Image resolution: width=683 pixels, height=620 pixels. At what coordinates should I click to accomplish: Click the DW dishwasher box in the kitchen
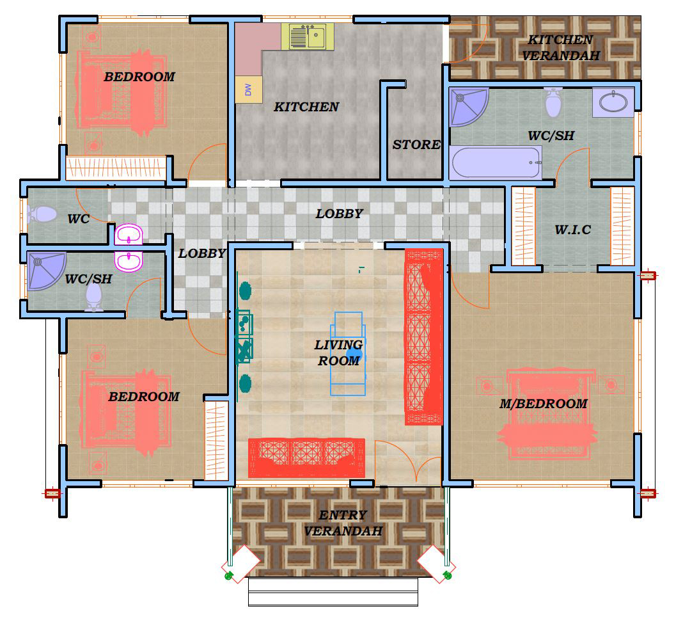[249, 90]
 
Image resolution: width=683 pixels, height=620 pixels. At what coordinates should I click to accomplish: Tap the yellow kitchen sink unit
[308, 36]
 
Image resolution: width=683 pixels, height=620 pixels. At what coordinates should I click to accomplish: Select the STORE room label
[416, 144]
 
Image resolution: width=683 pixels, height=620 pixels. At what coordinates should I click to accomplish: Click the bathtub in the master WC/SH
[495, 163]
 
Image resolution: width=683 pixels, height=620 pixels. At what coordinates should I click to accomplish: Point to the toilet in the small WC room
[42, 214]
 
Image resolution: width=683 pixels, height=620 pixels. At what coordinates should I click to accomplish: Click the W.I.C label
[573, 229]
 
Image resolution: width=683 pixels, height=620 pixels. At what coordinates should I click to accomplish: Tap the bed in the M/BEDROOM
[547, 413]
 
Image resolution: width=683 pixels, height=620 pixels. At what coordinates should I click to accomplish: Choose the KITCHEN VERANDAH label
[561, 47]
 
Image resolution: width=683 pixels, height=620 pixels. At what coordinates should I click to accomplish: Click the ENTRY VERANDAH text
[343, 523]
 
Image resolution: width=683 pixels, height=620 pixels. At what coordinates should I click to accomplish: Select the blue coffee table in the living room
[348, 353]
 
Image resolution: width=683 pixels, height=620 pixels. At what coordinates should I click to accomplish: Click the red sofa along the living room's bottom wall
[306, 457]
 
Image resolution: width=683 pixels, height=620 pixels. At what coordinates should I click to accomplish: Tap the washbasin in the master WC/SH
[613, 102]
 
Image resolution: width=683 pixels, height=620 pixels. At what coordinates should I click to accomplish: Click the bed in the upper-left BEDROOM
[122, 92]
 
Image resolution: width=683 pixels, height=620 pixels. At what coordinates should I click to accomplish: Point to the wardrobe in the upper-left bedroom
[116, 168]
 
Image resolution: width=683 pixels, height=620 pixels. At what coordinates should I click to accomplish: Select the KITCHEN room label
[306, 107]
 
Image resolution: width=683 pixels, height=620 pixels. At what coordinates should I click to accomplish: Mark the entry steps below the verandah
[333, 592]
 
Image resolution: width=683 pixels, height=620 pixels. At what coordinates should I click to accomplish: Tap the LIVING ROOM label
[339, 353]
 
